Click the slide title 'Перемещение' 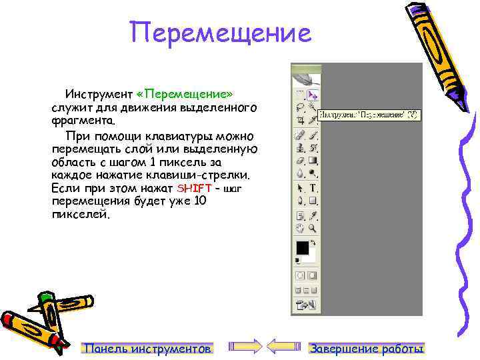click(221, 32)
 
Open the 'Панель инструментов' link click(147, 348)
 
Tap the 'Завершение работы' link click(367, 348)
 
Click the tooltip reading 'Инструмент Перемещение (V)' click(369, 115)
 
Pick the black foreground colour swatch click(302, 247)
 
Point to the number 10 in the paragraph click(199, 201)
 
